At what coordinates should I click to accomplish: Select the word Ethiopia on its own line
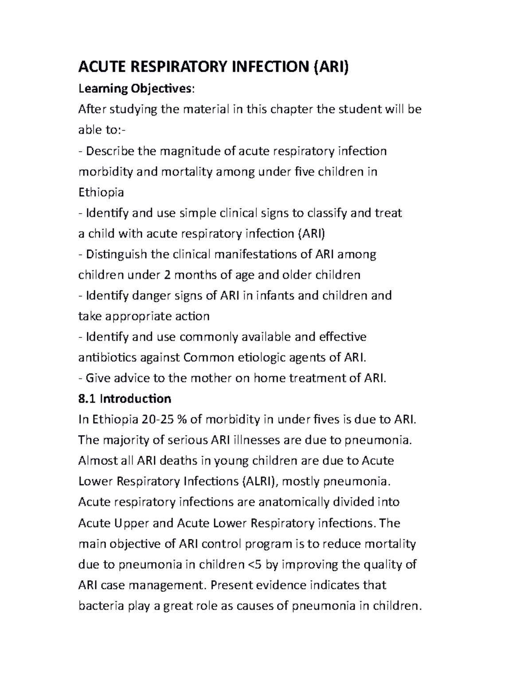pos(101,192)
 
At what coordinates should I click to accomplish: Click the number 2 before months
pos(167,275)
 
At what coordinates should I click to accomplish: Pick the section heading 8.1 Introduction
pos(125,399)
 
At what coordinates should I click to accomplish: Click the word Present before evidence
pos(233,585)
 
